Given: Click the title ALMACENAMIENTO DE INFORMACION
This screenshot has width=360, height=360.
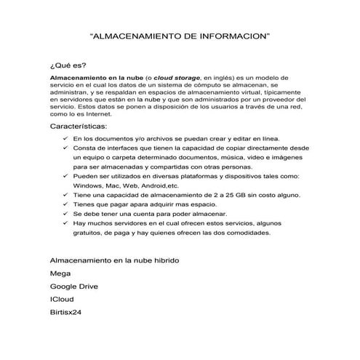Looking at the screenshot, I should point(179,34).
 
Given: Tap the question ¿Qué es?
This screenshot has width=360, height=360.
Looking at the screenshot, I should point(63,65).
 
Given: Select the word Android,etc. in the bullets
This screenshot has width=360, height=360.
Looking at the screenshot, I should point(158,186).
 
